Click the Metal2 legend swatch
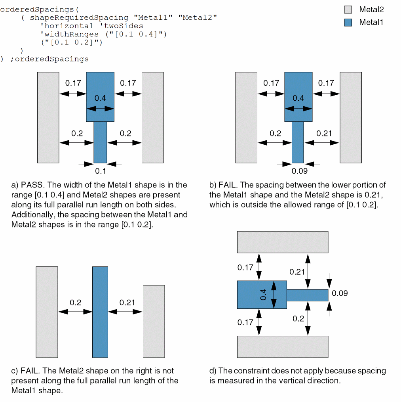(x=348, y=10)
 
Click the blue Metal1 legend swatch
(x=348, y=22)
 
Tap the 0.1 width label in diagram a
(x=101, y=171)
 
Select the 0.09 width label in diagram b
(x=299, y=171)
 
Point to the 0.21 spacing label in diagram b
(x=324, y=133)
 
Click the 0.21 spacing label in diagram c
(x=127, y=302)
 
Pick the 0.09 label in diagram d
(x=340, y=293)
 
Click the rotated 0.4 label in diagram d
(x=263, y=295)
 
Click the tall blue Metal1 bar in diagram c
(x=100, y=312)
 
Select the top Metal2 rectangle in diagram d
(x=282, y=242)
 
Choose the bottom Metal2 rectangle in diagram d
(x=282, y=346)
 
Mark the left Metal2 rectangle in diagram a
(x=48, y=117)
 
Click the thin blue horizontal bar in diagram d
(x=307, y=295)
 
